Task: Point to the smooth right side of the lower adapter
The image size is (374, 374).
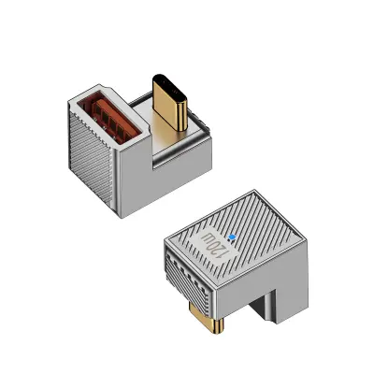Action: tap(280, 280)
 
